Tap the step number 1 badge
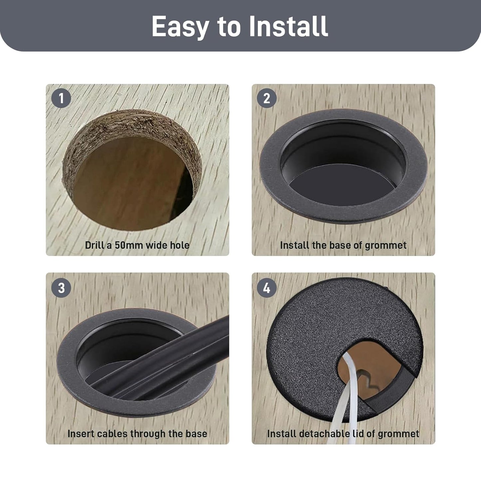pos(61,98)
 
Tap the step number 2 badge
pos(267,98)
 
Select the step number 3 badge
pos(61,288)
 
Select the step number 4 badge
pos(267,288)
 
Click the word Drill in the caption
pos(94,245)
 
